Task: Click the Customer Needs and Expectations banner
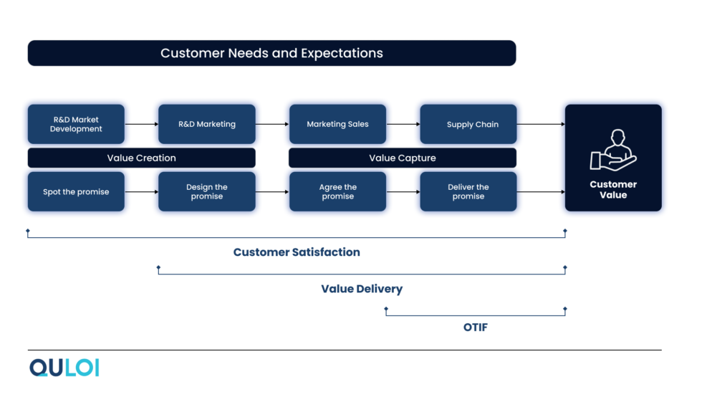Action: point(271,53)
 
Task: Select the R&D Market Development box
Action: point(76,124)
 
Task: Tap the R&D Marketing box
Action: point(206,124)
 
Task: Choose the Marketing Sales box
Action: point(337,124)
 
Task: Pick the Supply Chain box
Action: point(468,124)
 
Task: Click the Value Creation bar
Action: point(141,158)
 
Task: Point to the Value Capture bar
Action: point(402,158)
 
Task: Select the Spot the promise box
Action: point(76,191)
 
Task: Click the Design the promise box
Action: point(206,191)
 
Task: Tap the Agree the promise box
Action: point(337,191)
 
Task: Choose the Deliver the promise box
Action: point(468,191)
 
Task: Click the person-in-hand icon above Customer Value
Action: point(612,150)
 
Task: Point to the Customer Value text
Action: point(613,189)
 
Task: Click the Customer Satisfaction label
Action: point(297,252)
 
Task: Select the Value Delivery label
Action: point(362,289)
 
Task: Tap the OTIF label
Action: point(476,327)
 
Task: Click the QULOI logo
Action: point(64,368)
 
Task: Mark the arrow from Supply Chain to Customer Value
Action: point(540,124)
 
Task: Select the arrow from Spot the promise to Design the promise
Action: point(141,191)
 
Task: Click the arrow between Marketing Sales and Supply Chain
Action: point(403,124)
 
